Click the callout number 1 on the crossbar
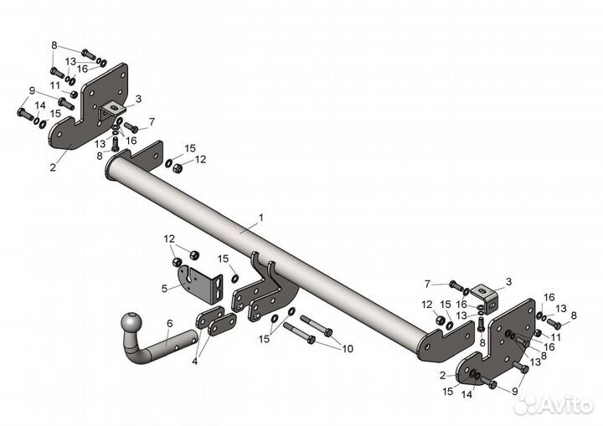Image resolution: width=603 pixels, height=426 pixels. pos(260,218)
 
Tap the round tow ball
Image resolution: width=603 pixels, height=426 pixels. pos(132,322)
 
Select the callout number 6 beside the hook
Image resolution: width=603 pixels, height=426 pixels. pos(169,322)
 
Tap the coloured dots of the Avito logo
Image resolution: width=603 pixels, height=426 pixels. pos(524,405)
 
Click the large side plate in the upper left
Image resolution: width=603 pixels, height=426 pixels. pos(92,109)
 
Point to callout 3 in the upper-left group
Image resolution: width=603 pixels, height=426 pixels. pos(138,99)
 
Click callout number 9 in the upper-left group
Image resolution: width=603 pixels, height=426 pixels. pos(32,90)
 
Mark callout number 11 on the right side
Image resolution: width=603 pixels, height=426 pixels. pos(555,336)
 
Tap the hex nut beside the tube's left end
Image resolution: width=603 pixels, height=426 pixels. pos(178,168)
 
